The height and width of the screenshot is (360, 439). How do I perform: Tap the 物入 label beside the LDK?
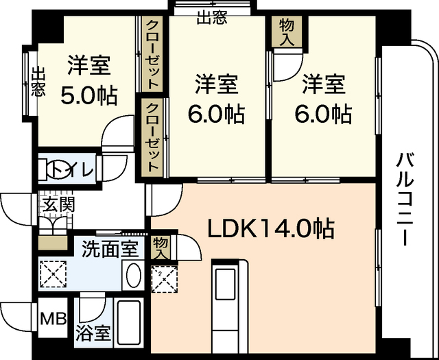[161, 247]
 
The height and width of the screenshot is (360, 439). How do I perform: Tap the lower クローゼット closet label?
[152, 138]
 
